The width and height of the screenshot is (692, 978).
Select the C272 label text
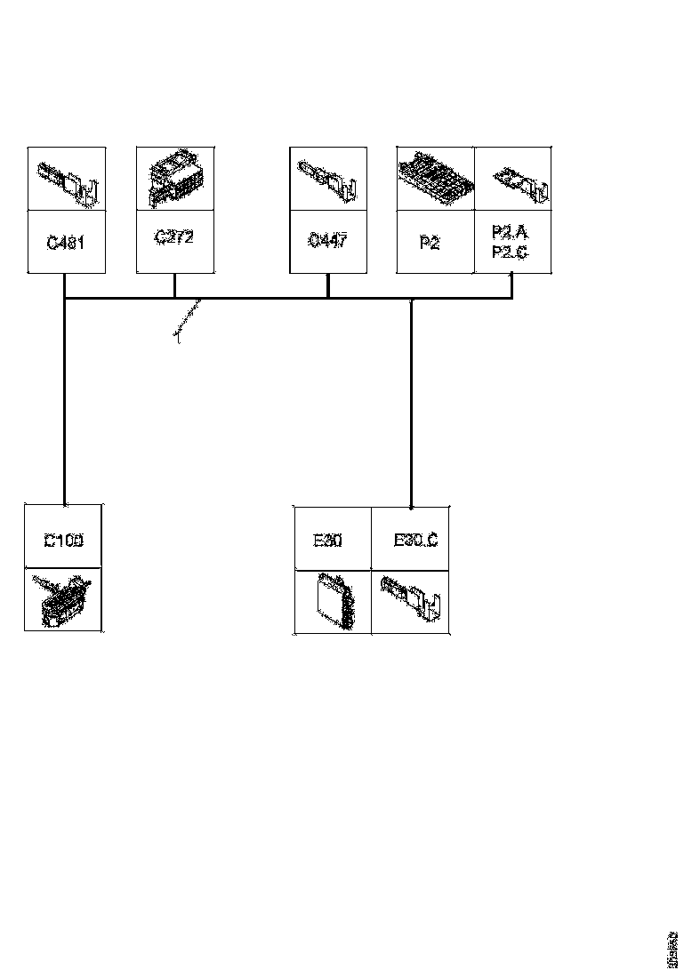pyautogui.click(x=174, y=237)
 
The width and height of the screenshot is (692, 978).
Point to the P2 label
pyautogui.click(x=430, y=242)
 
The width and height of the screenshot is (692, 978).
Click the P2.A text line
pyautogui.click(x=511, y=232)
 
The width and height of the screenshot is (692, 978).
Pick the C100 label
pyautogui.click(x=63, y=540)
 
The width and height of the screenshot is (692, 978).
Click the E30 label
pyautogui.click(x=329, y=540)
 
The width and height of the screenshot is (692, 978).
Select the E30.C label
pyautogui.click(x=414, y=540)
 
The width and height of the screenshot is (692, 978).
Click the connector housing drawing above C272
pyautogui.click(x=175, y=179)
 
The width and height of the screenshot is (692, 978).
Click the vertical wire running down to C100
pyautogui.click(x=65, y=400)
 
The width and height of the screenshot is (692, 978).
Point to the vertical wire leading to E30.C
pyautogui.click(x=410, y=400)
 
